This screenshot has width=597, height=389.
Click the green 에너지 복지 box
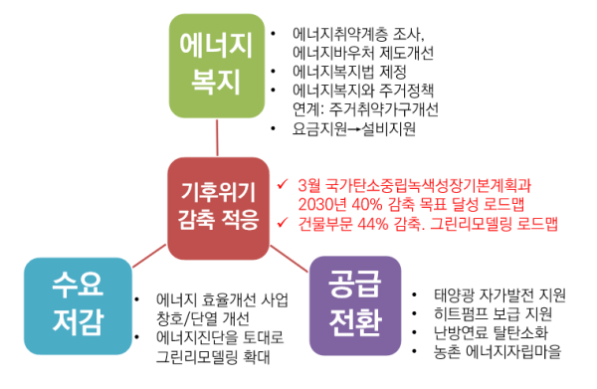tap(216, 61)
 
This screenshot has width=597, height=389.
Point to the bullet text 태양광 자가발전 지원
tap(499, 294)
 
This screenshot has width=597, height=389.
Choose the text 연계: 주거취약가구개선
tap(365, 109)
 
